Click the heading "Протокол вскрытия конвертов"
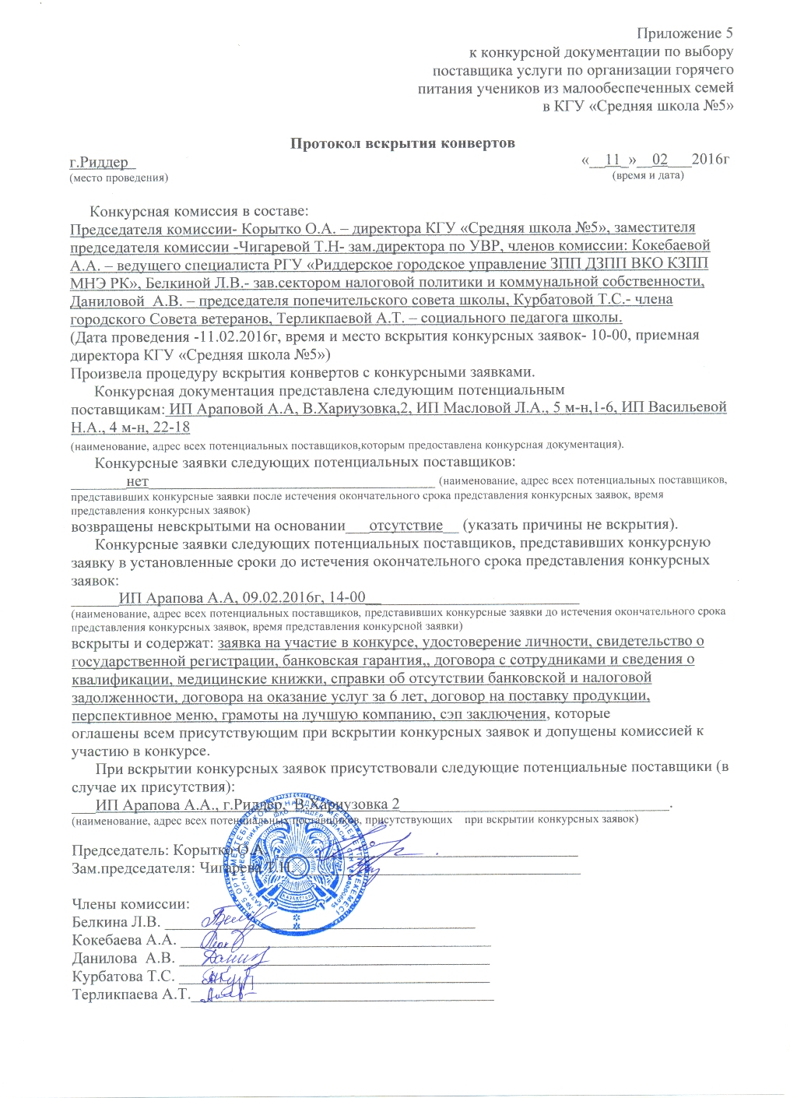click(x=402, y=143)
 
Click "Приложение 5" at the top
click(x=684, y=33)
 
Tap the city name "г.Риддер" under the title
click(x=100, y=163)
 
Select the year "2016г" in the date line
click(x=710, y=160)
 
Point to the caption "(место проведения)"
click(x=118, y=178)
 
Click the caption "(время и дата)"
click(x=648, y=175)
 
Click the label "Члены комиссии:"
click(x=131, y=904)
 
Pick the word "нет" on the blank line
click(x=137, y=482)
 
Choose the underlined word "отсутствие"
click(x=406, y=526)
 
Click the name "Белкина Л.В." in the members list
click(x=116, y=922)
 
